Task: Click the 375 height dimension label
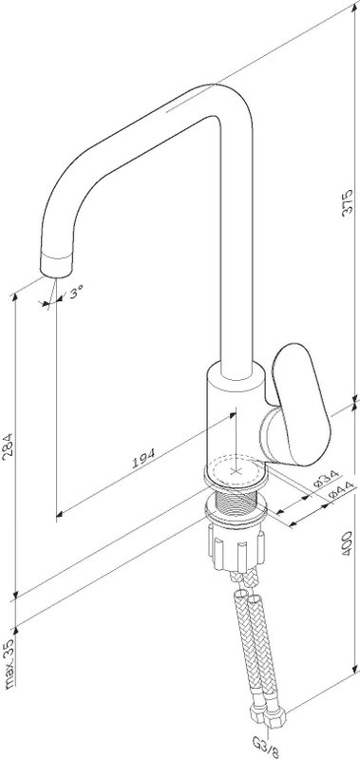click(348, 203)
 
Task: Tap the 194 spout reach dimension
click(143, 458)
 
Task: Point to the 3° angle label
click(76, 293)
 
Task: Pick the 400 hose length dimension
click(347, 542)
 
